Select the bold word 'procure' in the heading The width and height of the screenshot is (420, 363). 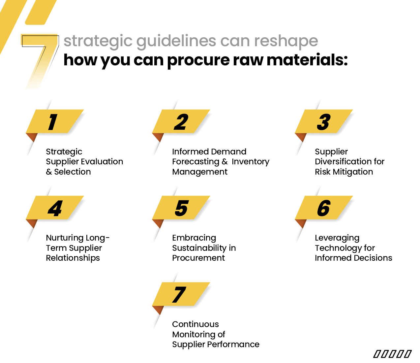pyautogui.click(x=198, y=60)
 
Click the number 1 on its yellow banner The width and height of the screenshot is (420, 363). pyautogui.click(x=53, y=122)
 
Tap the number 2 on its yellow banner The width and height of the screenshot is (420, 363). pyautogui.click(x=181, y=122)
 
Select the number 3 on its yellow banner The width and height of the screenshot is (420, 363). pyautogui.click(x=324, y=122)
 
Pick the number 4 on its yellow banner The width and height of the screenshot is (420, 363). pyautogui.click(x=55, y=208)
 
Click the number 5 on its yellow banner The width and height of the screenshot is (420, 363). pyautogui.click(x=181, y=208)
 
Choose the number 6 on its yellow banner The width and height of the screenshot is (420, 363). pyautogui.click(x=324, y=208)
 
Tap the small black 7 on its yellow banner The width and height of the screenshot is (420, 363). pyautogui.click(x=179, y=294)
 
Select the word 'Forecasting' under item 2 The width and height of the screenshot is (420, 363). pyautogui.click(x=196, y=162)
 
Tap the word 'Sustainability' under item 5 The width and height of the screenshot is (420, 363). pyautogui.click(x=199, y=248)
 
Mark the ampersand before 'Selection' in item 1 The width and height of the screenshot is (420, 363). pyautogui.click(x=49, y=172)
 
